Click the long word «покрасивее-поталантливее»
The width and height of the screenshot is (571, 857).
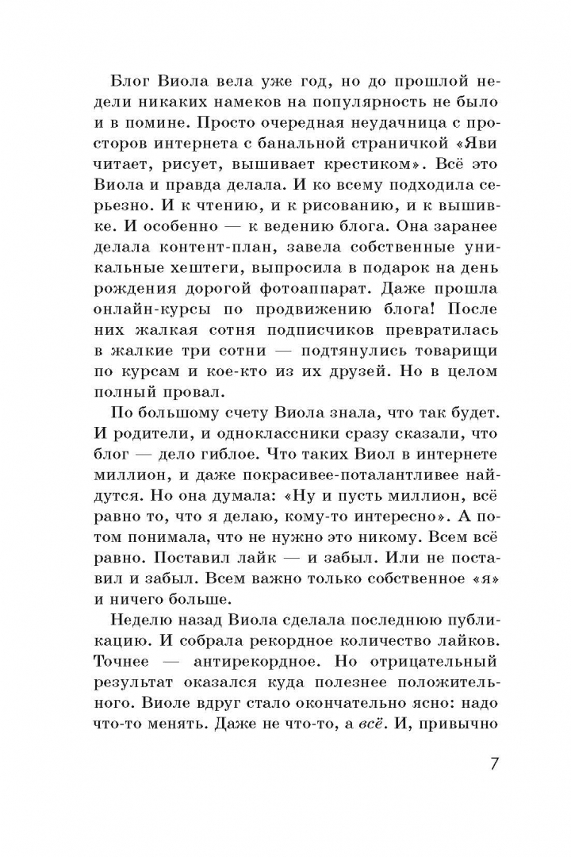pos(335,494)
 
